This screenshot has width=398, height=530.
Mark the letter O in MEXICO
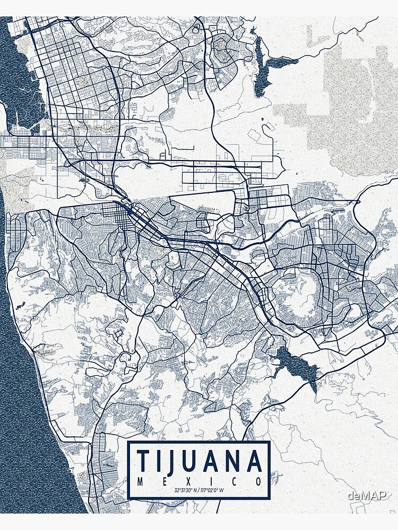[258, 482]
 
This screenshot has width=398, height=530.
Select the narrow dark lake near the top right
[260, 66]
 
